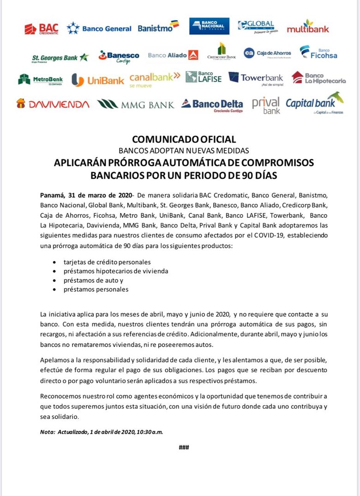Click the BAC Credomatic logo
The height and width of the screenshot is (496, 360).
42,29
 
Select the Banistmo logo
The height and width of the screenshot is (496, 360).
158,27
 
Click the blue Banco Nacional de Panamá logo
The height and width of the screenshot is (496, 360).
210,26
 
